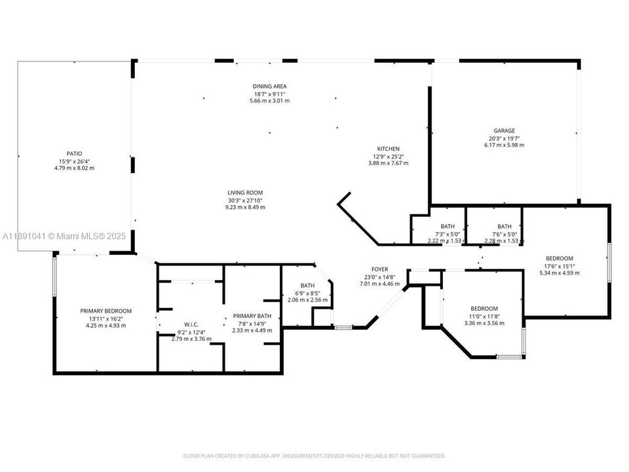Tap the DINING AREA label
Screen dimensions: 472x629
(270, 87)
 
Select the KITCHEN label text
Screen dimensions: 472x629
(388, 149)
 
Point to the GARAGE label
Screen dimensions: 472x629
(504, 130)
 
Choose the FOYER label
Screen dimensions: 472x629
(379, 269)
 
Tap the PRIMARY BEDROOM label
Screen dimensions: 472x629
(105, 311)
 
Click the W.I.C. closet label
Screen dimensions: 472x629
(191, 324)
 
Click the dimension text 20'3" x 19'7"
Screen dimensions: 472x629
(504, 138)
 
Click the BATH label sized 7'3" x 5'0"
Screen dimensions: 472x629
(448, 226)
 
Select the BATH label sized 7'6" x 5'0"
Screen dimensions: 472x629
(504, 226)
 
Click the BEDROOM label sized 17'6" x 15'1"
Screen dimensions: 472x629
(560, 258)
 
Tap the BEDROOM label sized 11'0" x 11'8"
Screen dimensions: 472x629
(484, 309)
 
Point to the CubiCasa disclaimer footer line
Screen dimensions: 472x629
(314, 456)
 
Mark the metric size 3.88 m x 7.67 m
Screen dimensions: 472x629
(388, 163)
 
